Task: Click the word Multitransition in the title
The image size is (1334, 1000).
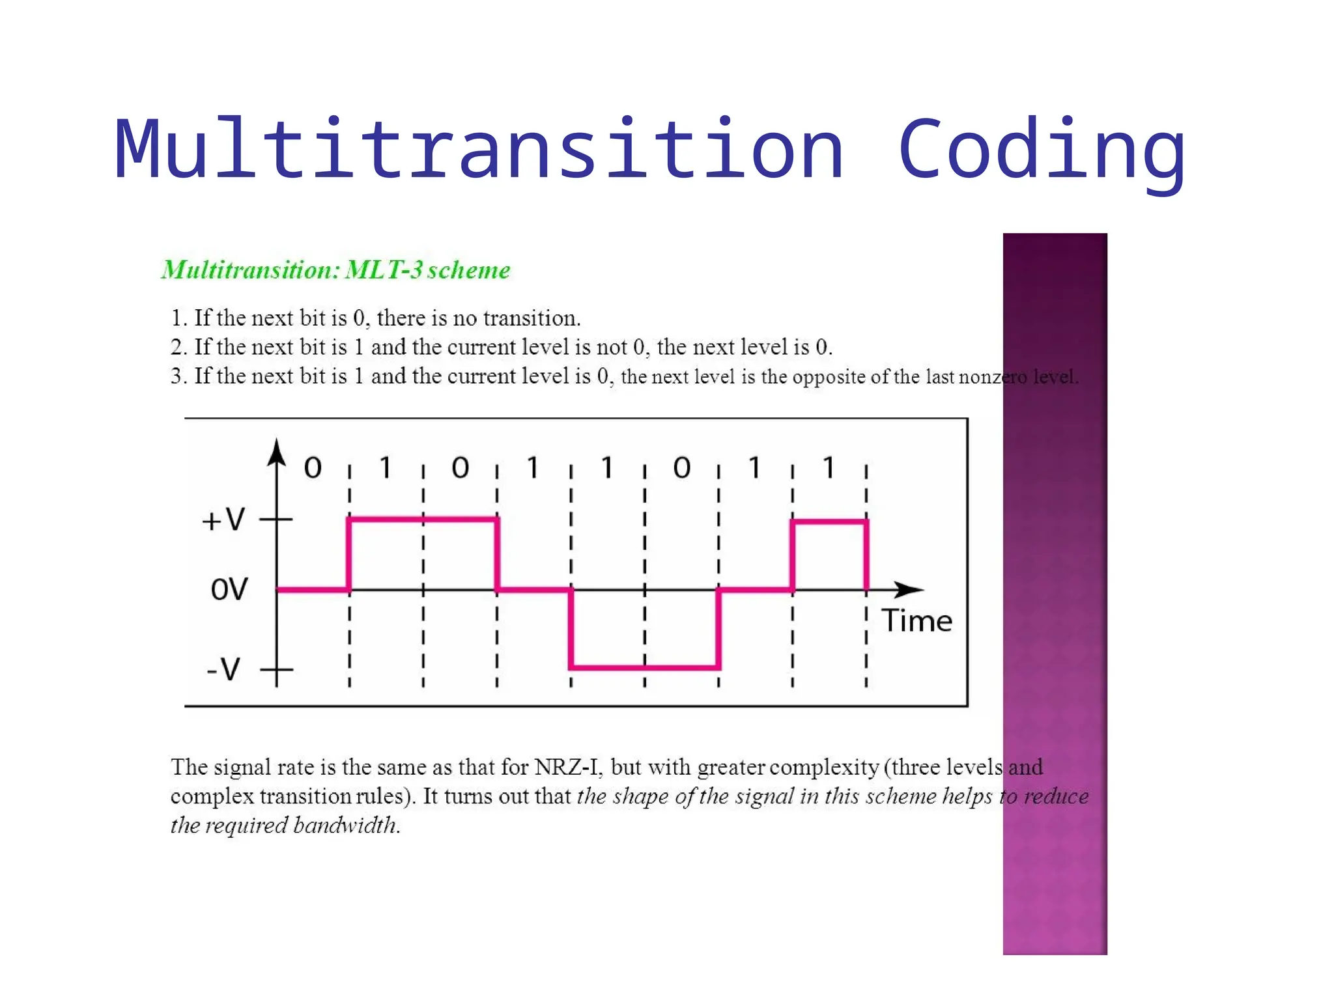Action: tap(479, 150)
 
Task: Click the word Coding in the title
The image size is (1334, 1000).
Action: tap(1041, 150)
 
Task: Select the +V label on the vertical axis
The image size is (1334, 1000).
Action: tap(223, 520)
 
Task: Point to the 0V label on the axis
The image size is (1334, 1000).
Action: tap(229, 589)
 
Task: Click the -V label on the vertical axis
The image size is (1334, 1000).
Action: tap(223, 669)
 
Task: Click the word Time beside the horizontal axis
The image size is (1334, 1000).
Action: tap(916, 621)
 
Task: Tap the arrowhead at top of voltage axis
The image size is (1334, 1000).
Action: tap(277, 452)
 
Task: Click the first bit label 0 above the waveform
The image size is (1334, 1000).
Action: tap(313, 468)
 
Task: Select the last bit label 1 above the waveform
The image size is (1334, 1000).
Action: tap(829, 468)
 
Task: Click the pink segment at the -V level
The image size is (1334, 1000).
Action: tap(645, 667)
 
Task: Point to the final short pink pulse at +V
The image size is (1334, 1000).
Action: tap(829, 521)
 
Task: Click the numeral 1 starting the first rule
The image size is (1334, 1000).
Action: tap(176, 318)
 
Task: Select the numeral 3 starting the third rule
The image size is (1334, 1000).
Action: tap(176, 376)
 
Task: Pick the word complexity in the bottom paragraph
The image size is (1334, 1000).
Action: tap(824, 767)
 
